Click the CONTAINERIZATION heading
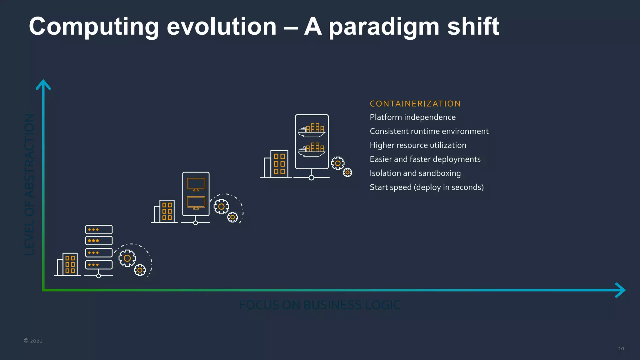(x=415, y=104)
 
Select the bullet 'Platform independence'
(x=412, y=117)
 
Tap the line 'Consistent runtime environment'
(x=429, y=132)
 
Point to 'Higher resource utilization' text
(x=418, y=146)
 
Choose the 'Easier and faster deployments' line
(x=425, y=159)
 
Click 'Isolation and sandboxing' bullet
(x=415, y=173)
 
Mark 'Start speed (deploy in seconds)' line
(x=427, y=187)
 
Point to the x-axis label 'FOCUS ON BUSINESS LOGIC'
(x=320, y=305)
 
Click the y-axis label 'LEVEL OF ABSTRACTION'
(x=29, y=184)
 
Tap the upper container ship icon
(x=312, y=130)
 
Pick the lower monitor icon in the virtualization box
(x=196, y=203)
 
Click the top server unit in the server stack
(x=99, y=229)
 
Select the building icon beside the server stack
(x=67, y=264)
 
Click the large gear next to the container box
(x=338, y=163)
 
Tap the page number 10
(x=621, y=349)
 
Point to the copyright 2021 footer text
(x=33, y=341)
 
